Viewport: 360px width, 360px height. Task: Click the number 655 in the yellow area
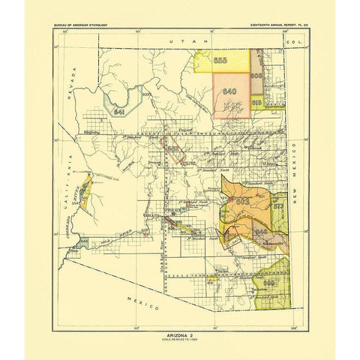coord(220,60)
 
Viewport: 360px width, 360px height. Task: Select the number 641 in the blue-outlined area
coord(118,111)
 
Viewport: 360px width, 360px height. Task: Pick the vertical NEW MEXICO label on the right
coord(298,163)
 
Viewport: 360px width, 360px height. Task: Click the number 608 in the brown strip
coord(256,76)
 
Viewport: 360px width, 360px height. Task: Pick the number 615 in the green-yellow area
coord(256,101)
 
